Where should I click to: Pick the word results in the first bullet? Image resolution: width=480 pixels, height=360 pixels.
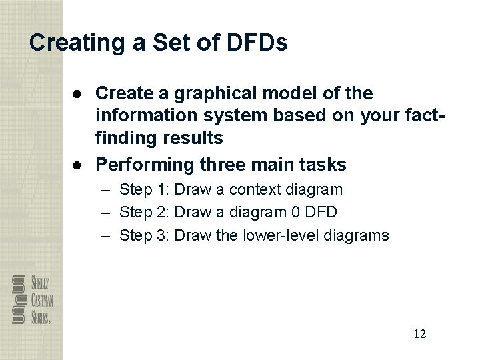click(x=196, y=139)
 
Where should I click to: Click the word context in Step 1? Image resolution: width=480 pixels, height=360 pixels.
click(x=256, y=190)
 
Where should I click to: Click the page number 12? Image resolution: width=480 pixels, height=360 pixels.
click(x=419, y=334)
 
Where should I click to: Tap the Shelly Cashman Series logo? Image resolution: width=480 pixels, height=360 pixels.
click(x=32, y=299)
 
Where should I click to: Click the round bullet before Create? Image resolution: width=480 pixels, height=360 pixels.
click(x=79, y=93)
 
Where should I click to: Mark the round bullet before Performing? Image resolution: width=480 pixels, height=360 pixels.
click(x=79, y=164)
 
